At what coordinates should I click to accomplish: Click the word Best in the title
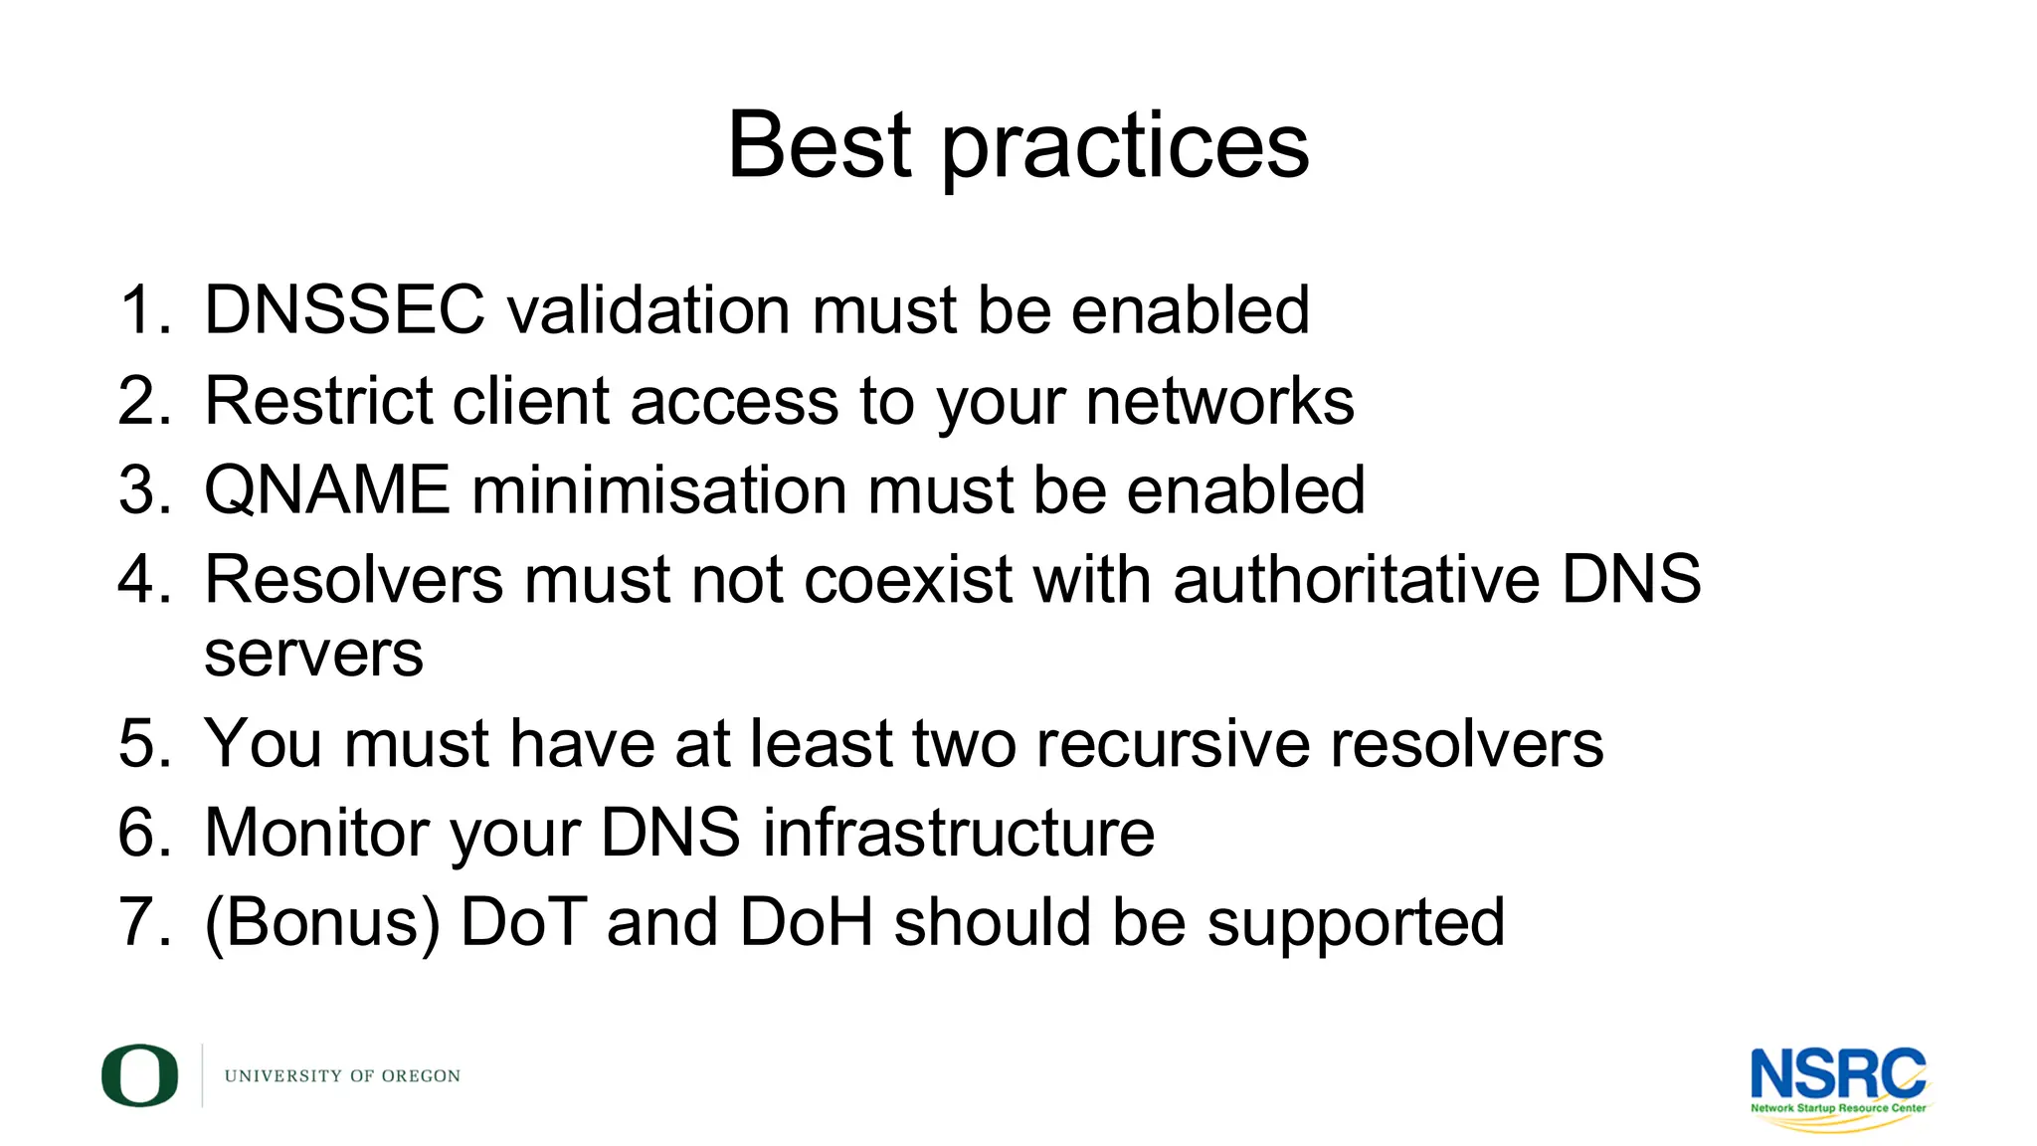(x=819, y=145)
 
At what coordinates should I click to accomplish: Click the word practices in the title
(x=1125, y=149)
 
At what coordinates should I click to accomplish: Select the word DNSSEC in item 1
(x=344, y=309)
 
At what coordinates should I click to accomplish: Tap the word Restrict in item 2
(x=317, y=401)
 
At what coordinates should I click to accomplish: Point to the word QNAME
(x=327, y=490)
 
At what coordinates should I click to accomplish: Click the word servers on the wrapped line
(x=313, y=655)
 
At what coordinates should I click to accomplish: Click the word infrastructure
(x=958, y=833)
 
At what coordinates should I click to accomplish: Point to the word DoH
(x=807, y=922)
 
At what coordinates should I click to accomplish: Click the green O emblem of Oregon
(x=139, y=1075)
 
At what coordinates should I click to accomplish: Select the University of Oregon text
(x=342, y=1076)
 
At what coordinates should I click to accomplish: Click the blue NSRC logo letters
(x=1837, y=1074)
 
